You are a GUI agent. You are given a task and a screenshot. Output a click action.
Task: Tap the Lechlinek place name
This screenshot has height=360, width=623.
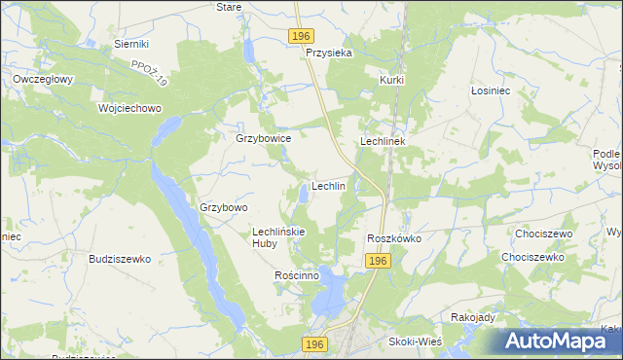pyautogui.click(x=388, y=141)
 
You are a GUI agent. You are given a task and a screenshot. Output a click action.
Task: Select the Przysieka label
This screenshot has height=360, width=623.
pyautogui.click(x=328, y=54)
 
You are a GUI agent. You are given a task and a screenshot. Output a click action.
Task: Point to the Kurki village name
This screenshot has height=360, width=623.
pyautogui.click(x=392, y=80)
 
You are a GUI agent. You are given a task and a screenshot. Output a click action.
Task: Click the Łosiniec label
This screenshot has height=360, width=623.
pyautogui.click(x=491, y=90)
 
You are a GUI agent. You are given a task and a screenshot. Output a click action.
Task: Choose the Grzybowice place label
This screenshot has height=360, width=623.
pyautogui.click(x=264, y=138)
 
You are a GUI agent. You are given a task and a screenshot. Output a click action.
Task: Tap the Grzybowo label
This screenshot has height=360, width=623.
pyautogui.click(x=224, y=207)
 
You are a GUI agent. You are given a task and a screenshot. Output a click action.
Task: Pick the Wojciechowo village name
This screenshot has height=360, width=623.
pyautogui.click(x=128, y=108)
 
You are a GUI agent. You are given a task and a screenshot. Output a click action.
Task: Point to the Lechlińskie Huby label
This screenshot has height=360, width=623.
pyautogui.click(x=279, y=237)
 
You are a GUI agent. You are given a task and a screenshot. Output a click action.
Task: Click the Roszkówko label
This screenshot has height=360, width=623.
pyautogui.click(x=393, y=238)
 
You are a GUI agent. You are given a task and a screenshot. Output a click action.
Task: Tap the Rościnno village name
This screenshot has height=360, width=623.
pyautogui.click(x=298, y=275)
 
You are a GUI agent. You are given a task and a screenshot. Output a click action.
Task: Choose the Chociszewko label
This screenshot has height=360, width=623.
pyautogui.click(x=532, y=257)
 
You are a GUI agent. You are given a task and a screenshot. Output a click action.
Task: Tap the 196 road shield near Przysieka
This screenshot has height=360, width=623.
pyautogui.click(x=301, y=36)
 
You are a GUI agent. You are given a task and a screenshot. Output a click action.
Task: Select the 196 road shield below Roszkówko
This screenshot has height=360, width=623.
pyautogui.click(x=379, y=261)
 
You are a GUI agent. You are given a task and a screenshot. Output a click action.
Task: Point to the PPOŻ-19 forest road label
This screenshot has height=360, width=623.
pyautogui.click(x=150, y=73)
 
